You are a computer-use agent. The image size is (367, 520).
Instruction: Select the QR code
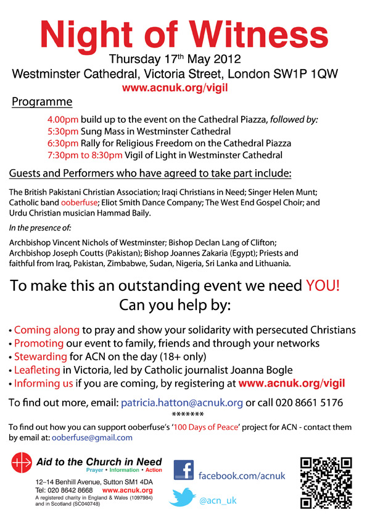(326, 482)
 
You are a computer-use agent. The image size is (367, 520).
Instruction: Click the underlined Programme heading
(42, 102)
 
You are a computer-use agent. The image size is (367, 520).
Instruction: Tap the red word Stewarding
(41, 356)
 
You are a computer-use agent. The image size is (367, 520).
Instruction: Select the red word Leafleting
(39, 370)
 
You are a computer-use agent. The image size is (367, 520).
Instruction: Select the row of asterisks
(184, 414)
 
